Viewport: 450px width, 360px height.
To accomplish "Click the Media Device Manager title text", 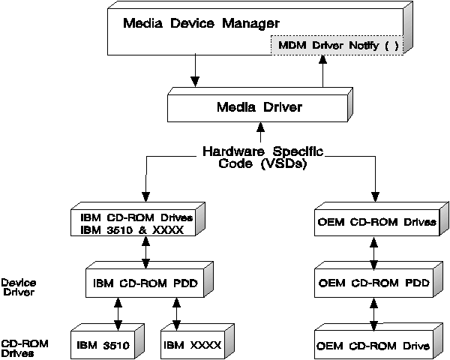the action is [x=201, y=23].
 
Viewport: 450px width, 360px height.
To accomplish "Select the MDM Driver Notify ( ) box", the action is [x=337, y=45].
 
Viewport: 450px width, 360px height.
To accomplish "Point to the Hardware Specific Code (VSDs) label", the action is [x=262, y=157].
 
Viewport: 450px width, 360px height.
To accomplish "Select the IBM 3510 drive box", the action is [x=107, y=342].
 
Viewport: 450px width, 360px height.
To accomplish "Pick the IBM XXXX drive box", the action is [x=197, y=342].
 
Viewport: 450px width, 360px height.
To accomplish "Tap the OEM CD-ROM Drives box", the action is [x=381, y=219].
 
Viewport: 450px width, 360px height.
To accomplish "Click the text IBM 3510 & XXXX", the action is [x=132, y=230].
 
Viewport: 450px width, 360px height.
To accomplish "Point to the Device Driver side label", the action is [x=19, y=287].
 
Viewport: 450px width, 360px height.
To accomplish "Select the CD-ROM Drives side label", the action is [x=25, y=348].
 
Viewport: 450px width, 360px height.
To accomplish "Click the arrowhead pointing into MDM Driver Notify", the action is [x=323, y=59].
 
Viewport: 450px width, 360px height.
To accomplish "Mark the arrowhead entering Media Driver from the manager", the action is [x=195, y=82].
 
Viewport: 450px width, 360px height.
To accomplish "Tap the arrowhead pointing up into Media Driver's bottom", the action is [x=260, y=127].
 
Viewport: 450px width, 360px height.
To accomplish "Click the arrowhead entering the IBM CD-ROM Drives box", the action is [x=146, y=197].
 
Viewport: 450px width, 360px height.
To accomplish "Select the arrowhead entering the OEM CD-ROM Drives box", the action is [x=376, y=197].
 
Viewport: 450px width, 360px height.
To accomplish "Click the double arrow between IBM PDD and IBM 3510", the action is [x=118, y=314].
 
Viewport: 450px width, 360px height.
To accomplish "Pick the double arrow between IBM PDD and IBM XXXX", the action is [x=176, y=314].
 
